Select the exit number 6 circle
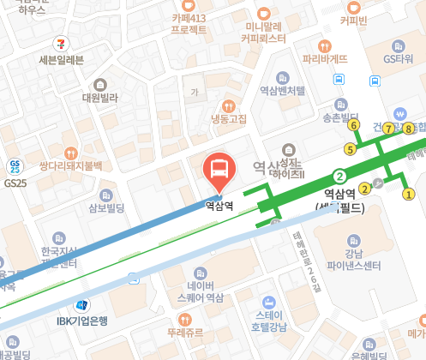(x=354, y=125)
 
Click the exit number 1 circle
(x=408, y=194)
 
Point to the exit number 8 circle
(x=409, y=129)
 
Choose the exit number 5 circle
(x=349, y=148)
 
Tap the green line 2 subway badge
(x=339, y=176)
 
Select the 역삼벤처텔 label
(x=282, y=90)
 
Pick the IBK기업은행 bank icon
(x=83, y=305)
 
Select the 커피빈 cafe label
(x=353, y=20)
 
